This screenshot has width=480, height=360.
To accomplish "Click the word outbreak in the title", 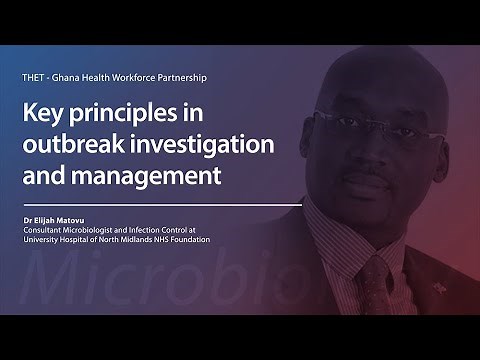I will (87, 147).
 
